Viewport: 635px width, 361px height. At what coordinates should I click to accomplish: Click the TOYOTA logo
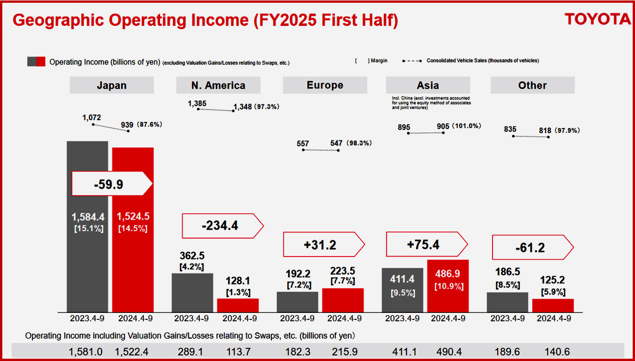pyautogui.click(x=598, y=19)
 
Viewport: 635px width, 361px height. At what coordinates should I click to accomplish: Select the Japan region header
pyautogui.click(x=111, y=86)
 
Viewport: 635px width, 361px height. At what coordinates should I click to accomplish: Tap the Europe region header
pyautogui.click(x=325, y=86)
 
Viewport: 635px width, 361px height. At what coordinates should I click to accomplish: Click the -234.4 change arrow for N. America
pyautogui.click(x=222, y=226)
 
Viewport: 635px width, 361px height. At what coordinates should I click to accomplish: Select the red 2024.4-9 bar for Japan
pyautogui.click(x=133, y=259)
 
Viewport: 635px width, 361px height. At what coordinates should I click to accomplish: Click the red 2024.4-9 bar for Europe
pyautogui.click(x=343, y=300)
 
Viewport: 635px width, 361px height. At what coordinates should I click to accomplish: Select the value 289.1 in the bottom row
pyautogui.click(x=190, y=352)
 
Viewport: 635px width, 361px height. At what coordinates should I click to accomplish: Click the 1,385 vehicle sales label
pyautogui.click(x=197, y=104)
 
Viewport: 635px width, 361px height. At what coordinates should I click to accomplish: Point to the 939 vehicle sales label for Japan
pyautogui.click(x=127, y=124)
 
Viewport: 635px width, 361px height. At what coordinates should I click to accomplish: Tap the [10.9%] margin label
pyautogui.click(x=449, y=287)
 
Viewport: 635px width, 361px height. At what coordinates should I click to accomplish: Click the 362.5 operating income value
pyautogui.click(x=191, y=256)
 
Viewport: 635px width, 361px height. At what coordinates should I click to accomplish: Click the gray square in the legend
pyautogui.click(x=31, y=61)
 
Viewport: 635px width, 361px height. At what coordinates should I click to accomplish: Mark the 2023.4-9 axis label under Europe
pyautogui.click(x=297, y=318)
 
